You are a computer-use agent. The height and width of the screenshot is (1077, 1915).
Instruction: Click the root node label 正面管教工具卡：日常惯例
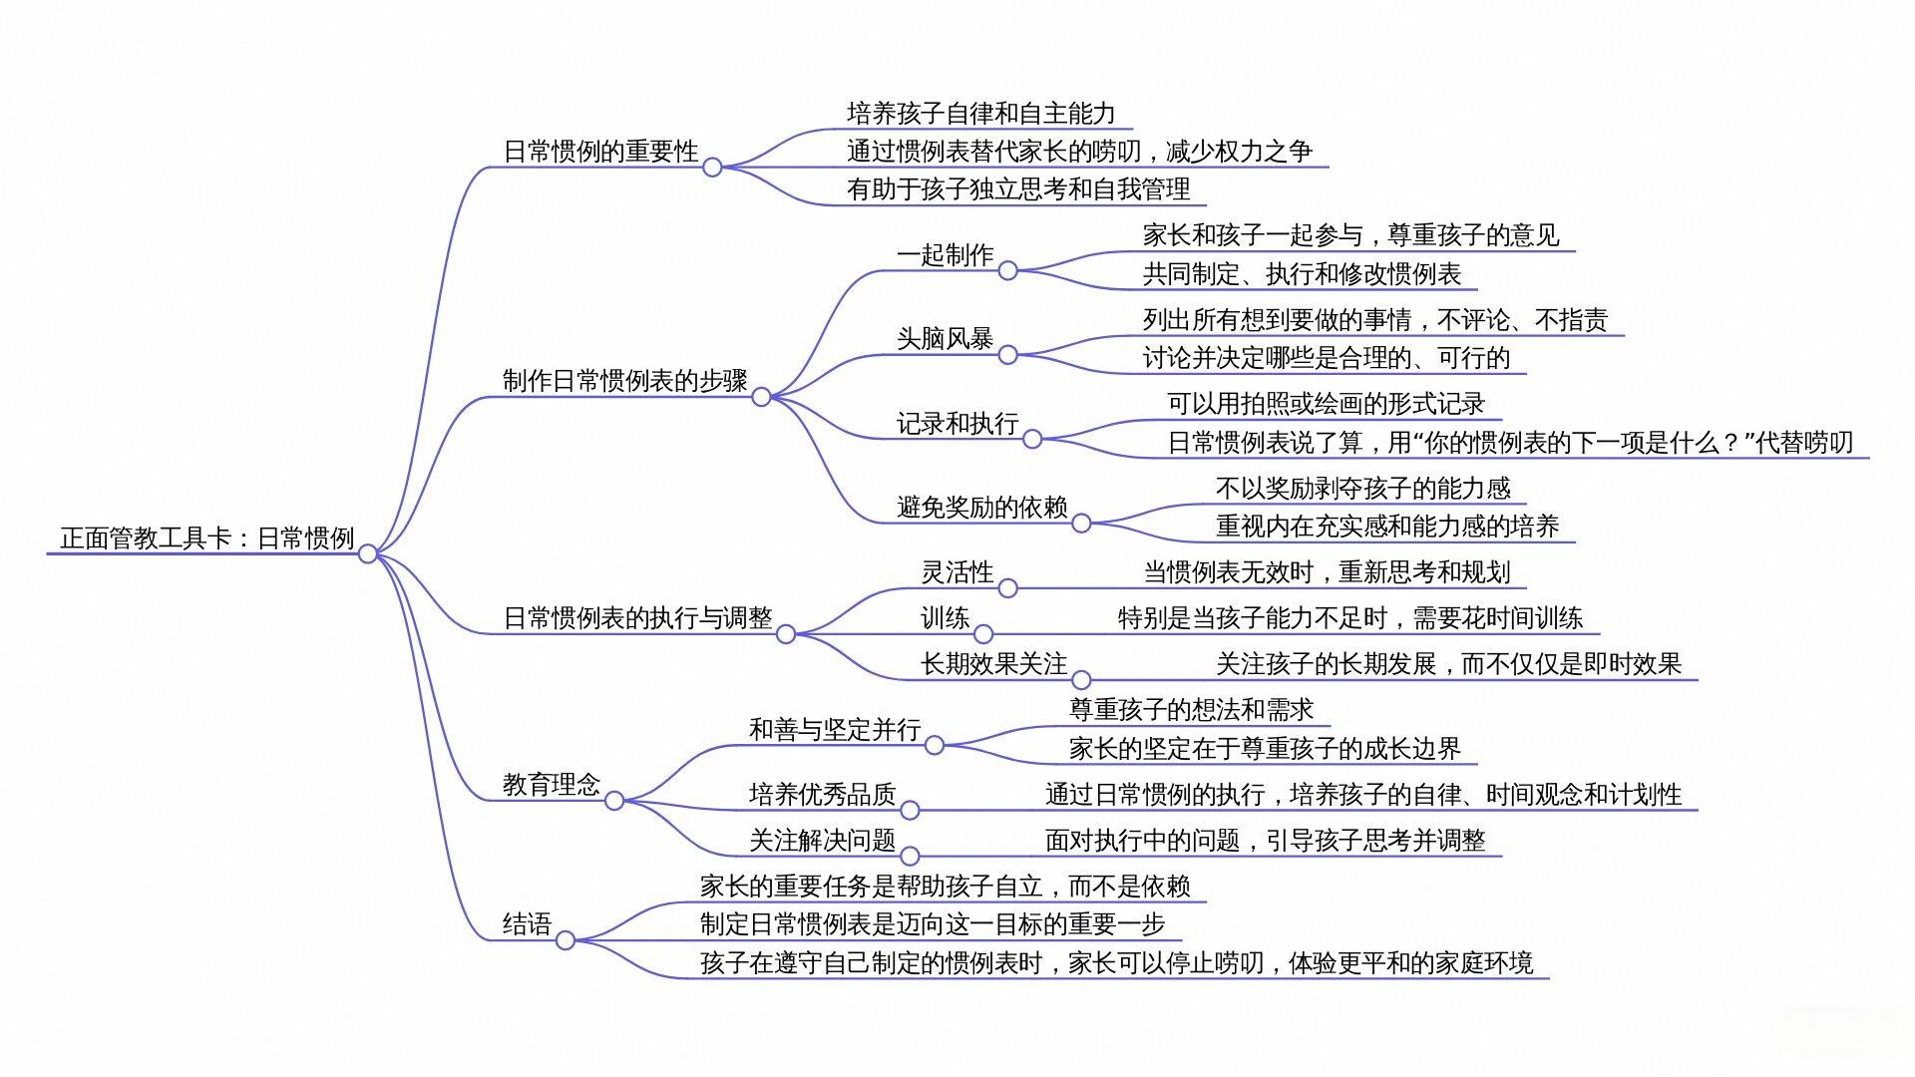pyautogui.click(x=207, y=538)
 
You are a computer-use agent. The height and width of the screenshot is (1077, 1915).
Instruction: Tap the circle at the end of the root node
pyautogui.click(x=368, y=553)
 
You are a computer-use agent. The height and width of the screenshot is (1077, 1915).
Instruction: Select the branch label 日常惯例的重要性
pyautogui.click(x=600, y=152)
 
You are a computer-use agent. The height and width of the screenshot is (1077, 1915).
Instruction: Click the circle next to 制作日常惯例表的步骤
pyautogui.click(x=761, y=397)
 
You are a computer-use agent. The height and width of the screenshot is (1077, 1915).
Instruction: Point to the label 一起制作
pyautogui.click(x=945, y=255)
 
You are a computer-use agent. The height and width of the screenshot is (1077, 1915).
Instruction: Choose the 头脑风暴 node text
pyautogui.click(x=945, y=339)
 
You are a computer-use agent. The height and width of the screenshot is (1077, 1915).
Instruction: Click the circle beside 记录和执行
pyautogui.click(x=1032, y=439)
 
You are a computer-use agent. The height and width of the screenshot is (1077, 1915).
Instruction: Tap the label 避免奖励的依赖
pyautogui.click(x=981, y=508)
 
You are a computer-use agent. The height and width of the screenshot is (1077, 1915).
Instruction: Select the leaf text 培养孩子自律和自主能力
pyautogui.click(x=980, y=114)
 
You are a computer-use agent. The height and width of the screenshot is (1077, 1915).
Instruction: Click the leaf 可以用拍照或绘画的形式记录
pyautogui.click(x=1326, y=404)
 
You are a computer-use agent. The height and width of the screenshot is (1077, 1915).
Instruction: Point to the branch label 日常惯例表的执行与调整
pyautogui.click(x=637, y=618)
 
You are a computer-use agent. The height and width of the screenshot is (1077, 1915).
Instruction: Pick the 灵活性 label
pyautogui.click(x=957, y=572)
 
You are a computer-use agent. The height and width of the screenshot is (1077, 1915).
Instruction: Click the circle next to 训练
pyautogui.click(x=983, y=634)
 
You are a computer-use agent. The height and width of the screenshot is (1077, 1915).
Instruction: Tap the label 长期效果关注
pyautogui.click(x=993, y=664)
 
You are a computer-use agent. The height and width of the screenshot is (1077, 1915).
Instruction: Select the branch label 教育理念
pyautogui.click(x=551, y=785)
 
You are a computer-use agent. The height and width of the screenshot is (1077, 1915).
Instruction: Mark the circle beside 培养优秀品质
pyautogui.click(x=910, y=811)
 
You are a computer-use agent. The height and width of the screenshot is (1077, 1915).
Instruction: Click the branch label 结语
pyautogui.click(x=527, y=924)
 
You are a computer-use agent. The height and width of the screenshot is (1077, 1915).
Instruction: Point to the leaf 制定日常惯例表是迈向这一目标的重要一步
pyautogui.click(x=933, y=924)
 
